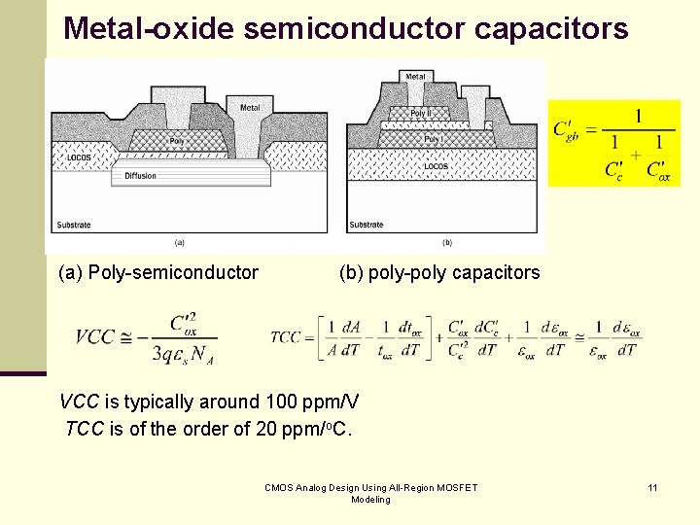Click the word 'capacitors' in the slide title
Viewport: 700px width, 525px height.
tap(551, 28)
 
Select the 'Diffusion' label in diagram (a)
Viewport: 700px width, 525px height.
tap(140, 175)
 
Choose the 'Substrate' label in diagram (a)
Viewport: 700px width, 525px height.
tap(74, 225)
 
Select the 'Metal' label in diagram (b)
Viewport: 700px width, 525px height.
tap(415, 76)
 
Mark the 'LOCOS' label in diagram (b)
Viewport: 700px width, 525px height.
tap(436, 166)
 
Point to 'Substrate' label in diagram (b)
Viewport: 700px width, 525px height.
tap(367, 225)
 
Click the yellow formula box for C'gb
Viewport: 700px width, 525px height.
tap(614, 143)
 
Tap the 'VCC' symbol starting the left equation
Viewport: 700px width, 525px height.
tap(95, 337)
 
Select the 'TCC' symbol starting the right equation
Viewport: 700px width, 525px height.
tap(286, 337)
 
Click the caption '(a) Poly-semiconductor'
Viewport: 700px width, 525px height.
tap(158, 273)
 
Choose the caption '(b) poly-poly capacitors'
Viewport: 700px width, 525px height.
tap(438, 273)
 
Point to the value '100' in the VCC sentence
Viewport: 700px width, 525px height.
tap(282, 402)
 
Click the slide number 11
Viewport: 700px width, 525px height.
tap(652, 487)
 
